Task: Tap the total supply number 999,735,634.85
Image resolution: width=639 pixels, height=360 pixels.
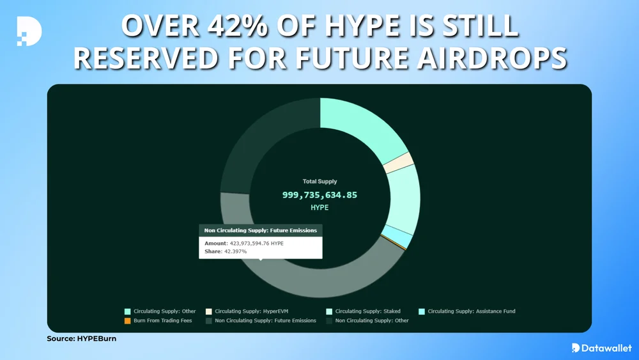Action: pos(319,194)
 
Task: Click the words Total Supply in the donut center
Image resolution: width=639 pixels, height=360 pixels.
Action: pos(319,182)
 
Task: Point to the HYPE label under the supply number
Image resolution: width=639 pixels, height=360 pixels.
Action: pos(319,208)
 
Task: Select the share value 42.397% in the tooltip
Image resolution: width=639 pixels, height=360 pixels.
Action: pos(234,252)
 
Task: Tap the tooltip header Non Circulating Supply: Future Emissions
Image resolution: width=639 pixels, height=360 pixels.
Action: pos(260,230)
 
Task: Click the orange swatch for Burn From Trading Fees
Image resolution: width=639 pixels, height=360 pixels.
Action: pos(128,320)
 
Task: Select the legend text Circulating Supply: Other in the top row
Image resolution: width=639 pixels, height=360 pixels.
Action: pos(165,311)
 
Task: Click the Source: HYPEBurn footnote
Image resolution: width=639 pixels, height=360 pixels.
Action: pos(81,338)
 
